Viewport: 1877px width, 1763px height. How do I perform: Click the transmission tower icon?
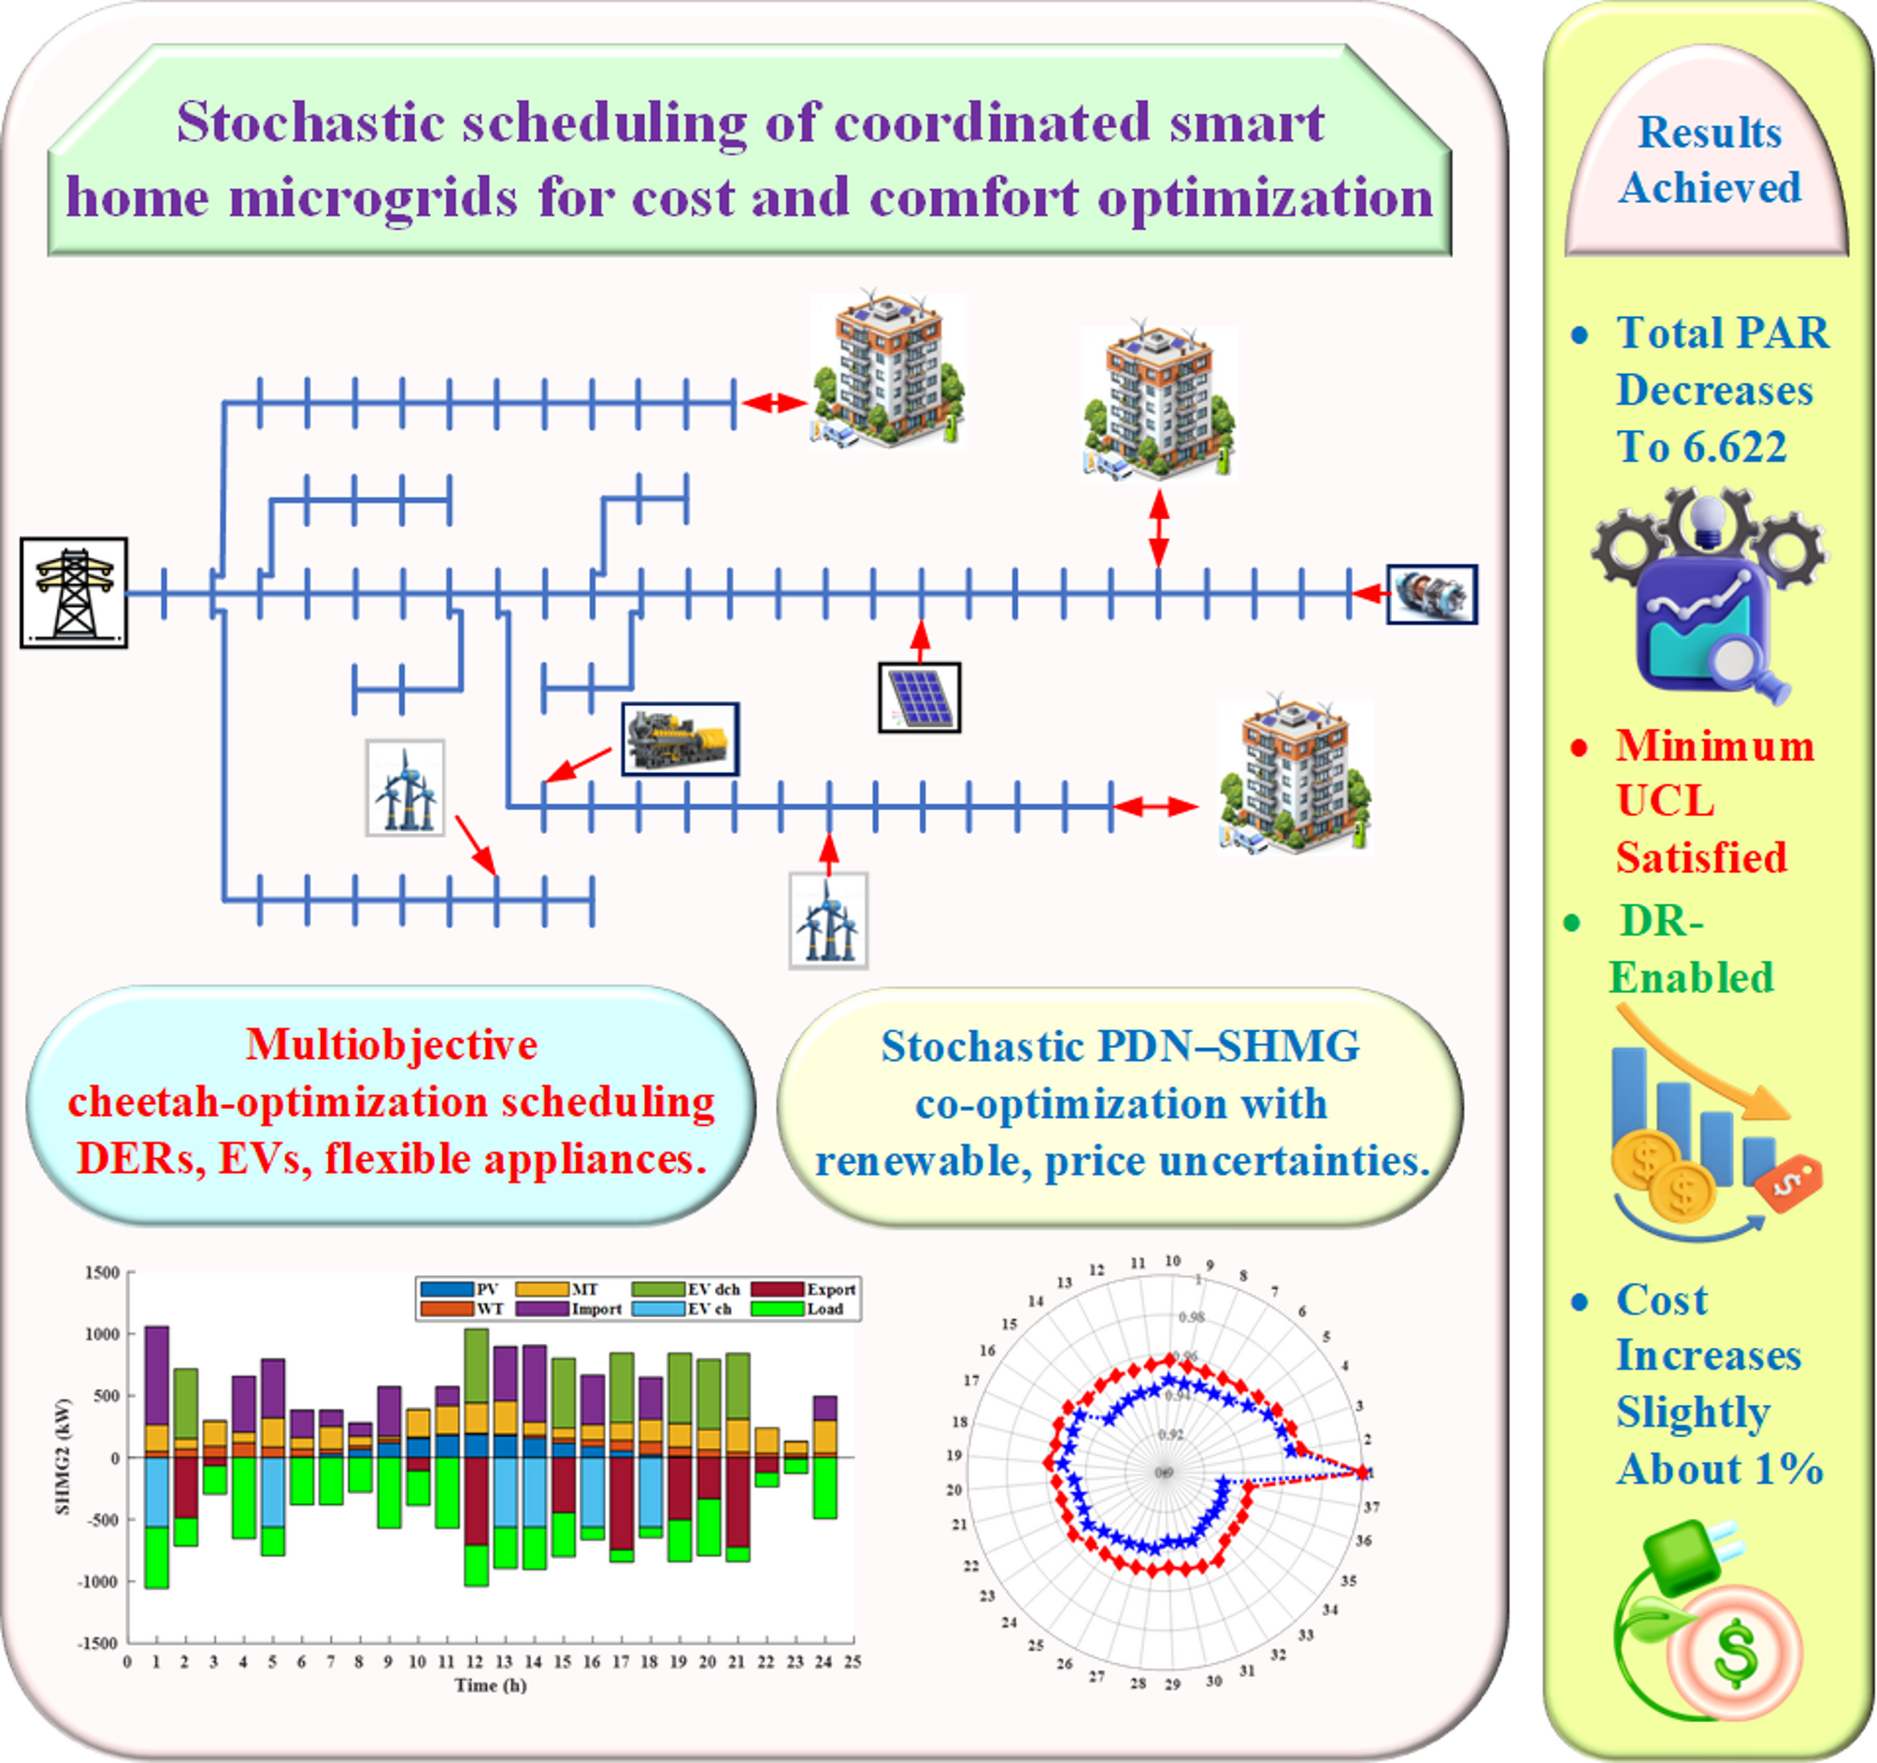(74, 593)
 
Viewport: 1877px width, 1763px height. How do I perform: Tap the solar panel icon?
(920, 697)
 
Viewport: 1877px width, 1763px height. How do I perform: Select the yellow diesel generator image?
(680, 738)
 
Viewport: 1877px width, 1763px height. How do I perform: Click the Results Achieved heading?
(1710, 160)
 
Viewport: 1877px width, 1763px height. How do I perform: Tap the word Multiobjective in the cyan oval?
(391, 1044)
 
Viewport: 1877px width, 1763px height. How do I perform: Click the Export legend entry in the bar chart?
(830, 1289)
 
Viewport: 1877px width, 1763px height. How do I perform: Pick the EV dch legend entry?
(713, 1289)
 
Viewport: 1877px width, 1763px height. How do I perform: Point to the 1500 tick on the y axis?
(102, 1273)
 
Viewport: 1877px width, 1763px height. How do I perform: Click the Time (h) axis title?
(490, 1684)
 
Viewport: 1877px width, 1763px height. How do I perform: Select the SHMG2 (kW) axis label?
(64, 1457)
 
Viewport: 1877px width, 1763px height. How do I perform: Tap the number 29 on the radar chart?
(1171, 1684)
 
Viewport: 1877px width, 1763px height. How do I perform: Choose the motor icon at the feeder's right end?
(1431, 594)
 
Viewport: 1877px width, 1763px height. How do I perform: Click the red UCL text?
(1665, 802)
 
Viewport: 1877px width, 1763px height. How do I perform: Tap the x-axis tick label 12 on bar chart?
(474, 1662)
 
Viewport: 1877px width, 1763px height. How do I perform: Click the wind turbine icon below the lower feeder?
(828, 921)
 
